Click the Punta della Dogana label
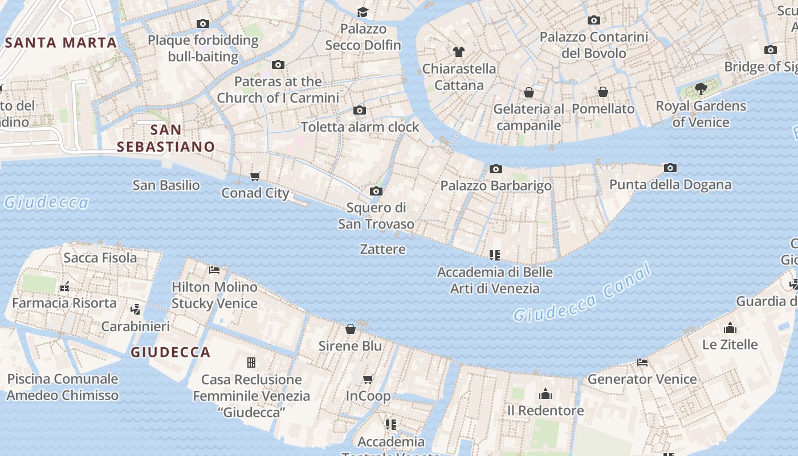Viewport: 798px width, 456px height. [x=670, y=185]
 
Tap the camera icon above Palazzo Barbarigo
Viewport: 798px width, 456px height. [x=496, y=169]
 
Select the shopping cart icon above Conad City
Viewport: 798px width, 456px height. [x=255, y=176]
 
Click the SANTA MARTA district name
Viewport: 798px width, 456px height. [x=61, y=43]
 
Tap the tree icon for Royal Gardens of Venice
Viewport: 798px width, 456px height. [x=701, y=89]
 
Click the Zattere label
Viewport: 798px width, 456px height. [x=383, y=249]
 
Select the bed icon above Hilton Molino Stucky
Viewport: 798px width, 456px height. [x=214, y=270]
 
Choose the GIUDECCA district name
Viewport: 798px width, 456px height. [x=170, y=352]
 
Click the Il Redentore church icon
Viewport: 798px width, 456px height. [x=545, y=394]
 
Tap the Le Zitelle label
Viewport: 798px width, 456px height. [x=730, y=344]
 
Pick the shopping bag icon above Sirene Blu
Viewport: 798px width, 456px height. [x=351, y=329]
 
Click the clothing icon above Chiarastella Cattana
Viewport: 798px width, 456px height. [x=459, y=52]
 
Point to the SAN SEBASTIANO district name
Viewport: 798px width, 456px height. [x=166, y=138]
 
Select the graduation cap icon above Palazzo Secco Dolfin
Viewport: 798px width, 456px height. [x=363, y=12]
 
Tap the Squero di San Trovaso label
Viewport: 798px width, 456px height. [x=376, y=215]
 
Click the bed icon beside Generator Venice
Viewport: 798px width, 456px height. [x=642, y=362]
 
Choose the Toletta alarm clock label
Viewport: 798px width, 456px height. [x=360, y=127]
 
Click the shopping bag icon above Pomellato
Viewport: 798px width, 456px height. [x=603, y=92]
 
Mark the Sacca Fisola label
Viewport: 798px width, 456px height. [x=100, y=258]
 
